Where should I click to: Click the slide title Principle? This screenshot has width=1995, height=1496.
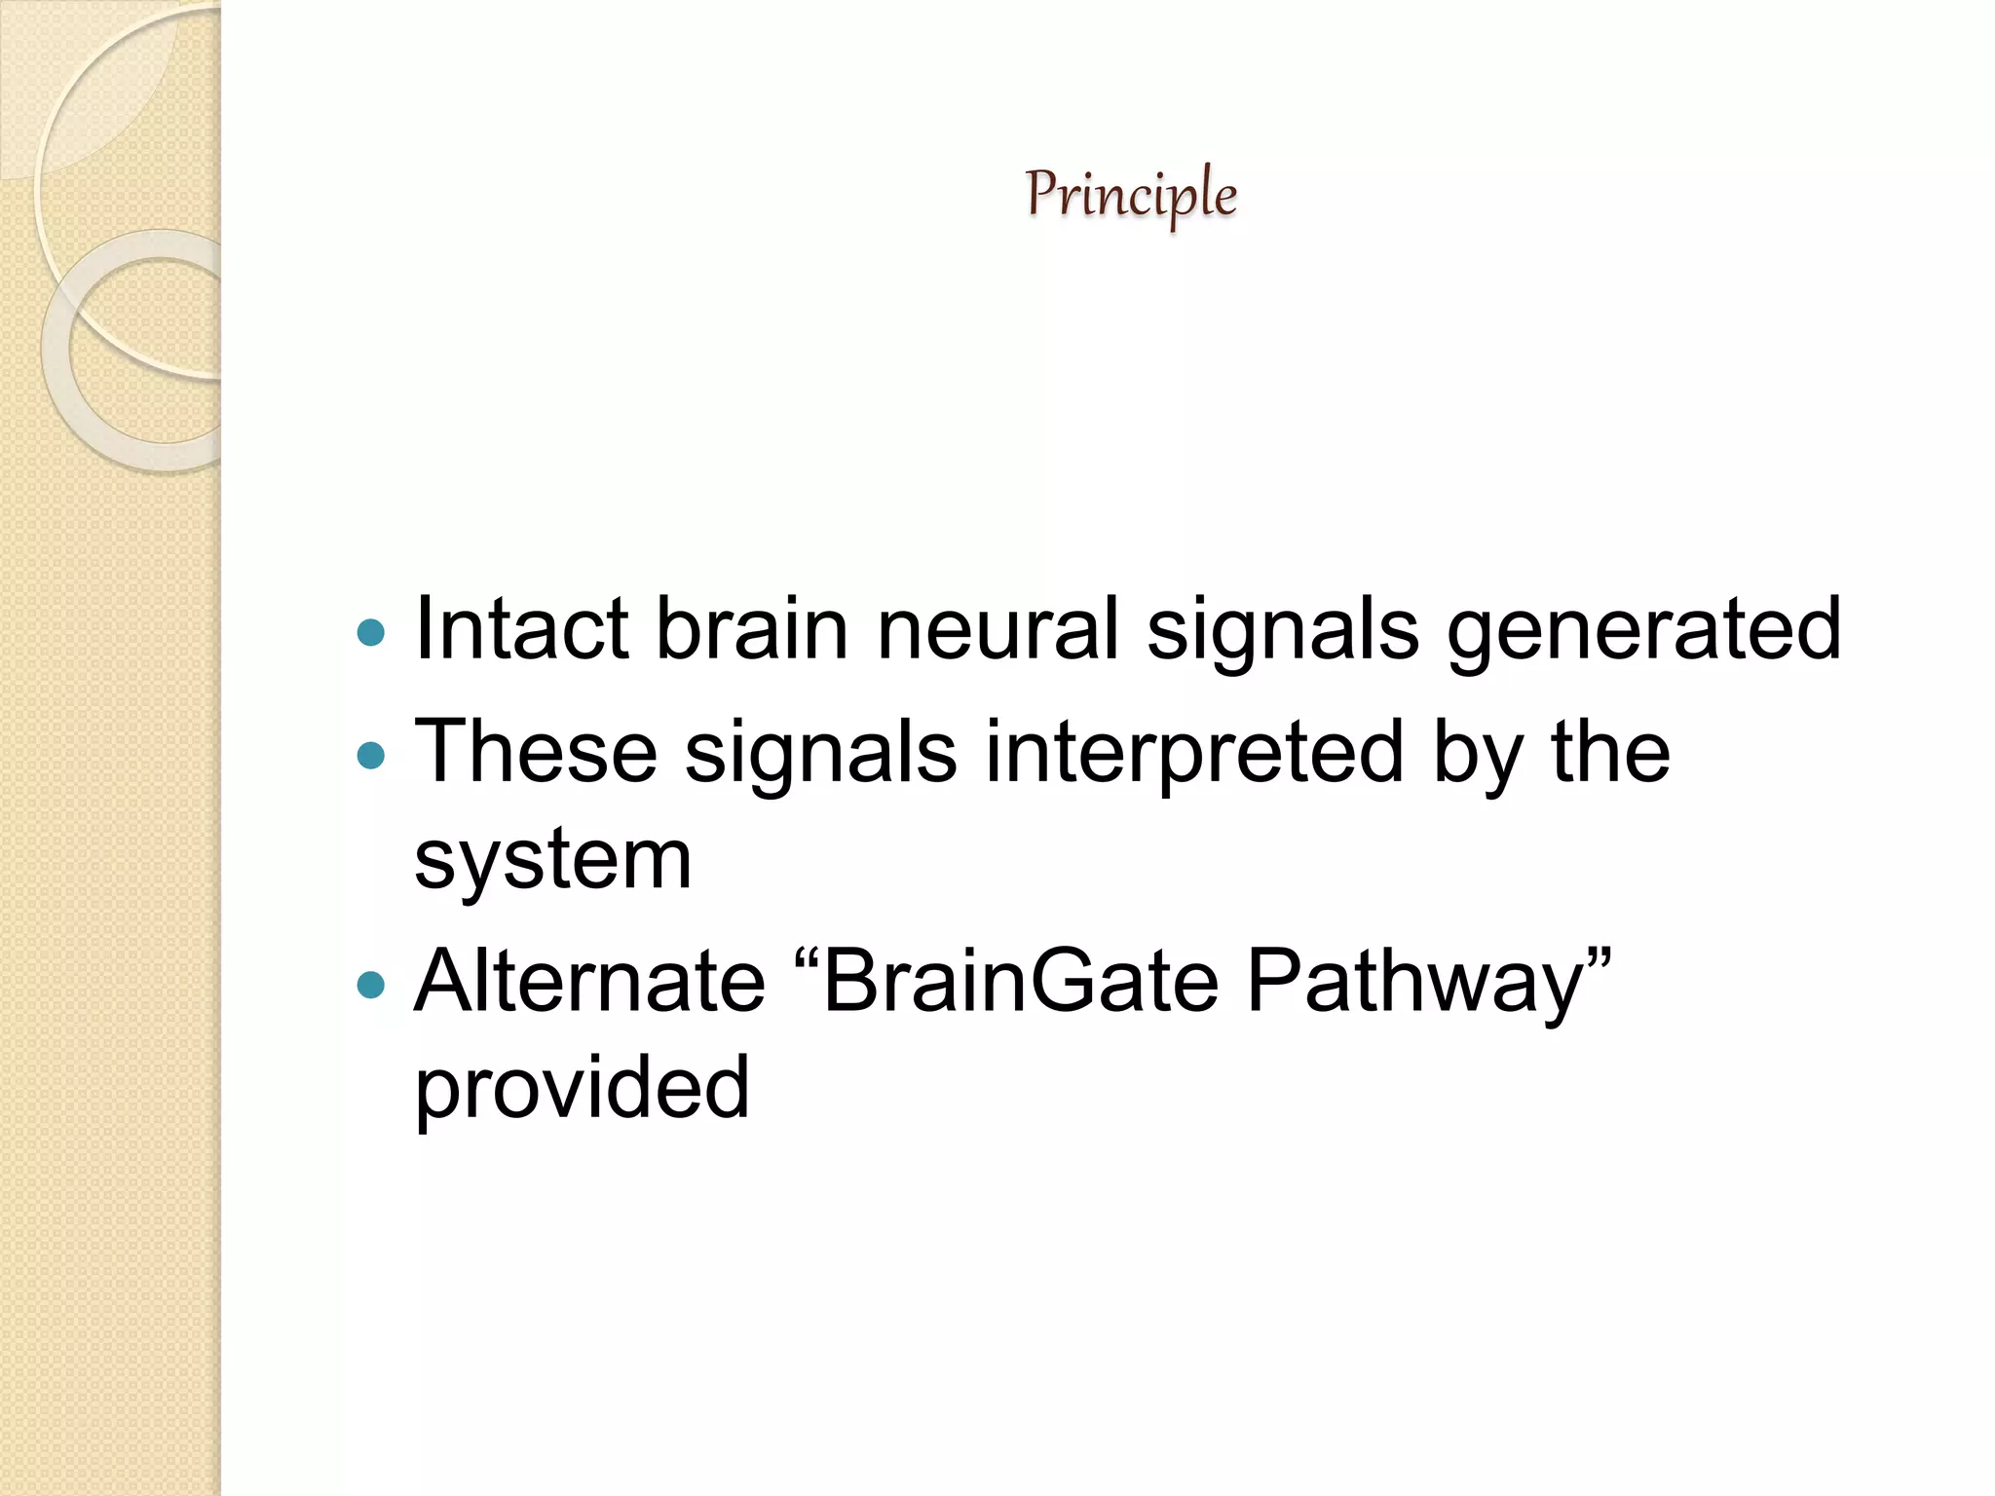[x=1131, y=195]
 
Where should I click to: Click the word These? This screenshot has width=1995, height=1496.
[x=536, y=752]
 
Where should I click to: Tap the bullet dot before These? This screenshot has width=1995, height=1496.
[x=371, y=756]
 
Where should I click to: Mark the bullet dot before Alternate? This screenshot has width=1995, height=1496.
[x=371, y=986]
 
